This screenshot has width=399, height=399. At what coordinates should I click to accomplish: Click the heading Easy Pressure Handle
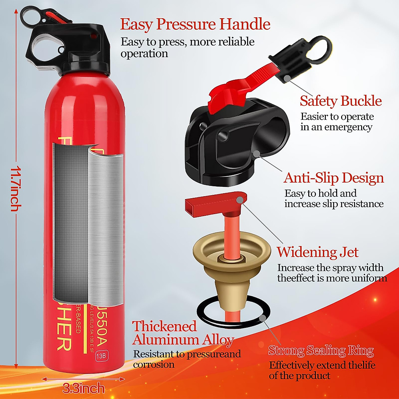coord(195,24)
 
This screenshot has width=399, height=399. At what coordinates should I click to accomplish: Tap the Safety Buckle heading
coord(340,101)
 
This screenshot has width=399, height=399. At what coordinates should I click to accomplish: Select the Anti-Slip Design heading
coord(333,178)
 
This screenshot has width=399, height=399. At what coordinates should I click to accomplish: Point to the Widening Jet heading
coord(318,252)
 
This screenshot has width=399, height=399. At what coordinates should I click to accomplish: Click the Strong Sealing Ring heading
coord(321,350)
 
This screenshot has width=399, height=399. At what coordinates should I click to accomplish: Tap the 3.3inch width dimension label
coord(83,388)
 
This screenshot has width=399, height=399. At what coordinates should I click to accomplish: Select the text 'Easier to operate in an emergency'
coord(336,122)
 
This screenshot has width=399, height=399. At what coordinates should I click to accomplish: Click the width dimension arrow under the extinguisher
coord(83,379)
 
